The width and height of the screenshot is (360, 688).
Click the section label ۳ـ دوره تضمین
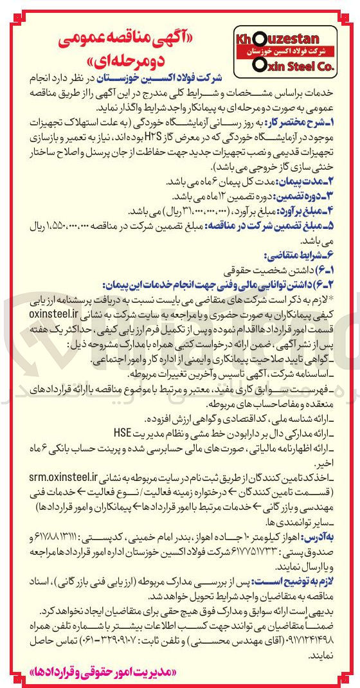[x=317, y=195]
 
